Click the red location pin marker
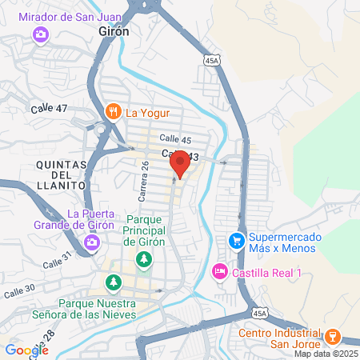click(x=180, y=163)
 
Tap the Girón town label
click(x=113, y=30)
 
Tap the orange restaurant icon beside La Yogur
click(x=114, y=110)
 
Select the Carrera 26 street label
click(x=145, y=181)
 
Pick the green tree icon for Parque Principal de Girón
click(x=144, y=258)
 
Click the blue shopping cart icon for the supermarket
click(x=236, y=239)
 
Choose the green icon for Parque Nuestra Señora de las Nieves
click(x=114, y=282)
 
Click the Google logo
click(x=26, y=350)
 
